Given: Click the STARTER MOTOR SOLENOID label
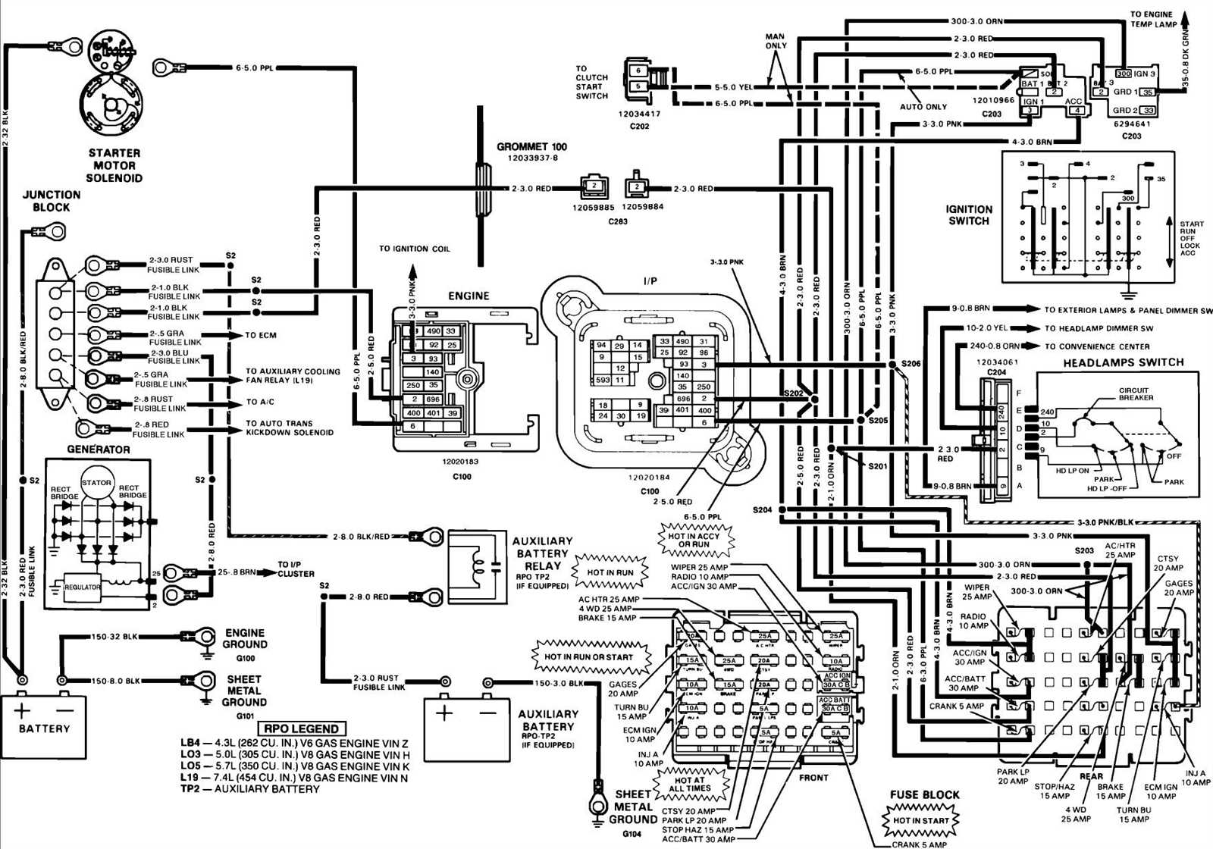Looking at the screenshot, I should [114, 165].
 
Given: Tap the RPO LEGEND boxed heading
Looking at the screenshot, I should [301, 728].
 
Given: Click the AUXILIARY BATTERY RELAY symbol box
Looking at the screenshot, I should [478, 567].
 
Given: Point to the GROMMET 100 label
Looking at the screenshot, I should [531, 147].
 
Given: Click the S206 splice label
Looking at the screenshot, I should [911, 364].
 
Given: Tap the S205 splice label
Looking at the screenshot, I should [878, 420].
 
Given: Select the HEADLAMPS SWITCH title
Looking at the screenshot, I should [1123, 363].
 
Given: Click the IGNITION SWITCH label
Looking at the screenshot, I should [968, 215].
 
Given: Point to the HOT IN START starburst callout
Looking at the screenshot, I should [920, 820].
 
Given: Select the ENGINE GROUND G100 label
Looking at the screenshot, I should [244, 644].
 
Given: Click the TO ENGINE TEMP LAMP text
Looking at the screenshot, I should [1153, 19].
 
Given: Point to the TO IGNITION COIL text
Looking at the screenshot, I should [414, 249].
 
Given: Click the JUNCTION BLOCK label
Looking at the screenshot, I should [51, 201].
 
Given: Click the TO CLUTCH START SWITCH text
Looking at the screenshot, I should [591, 82].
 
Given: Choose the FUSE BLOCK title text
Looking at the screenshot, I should [924, 794].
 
